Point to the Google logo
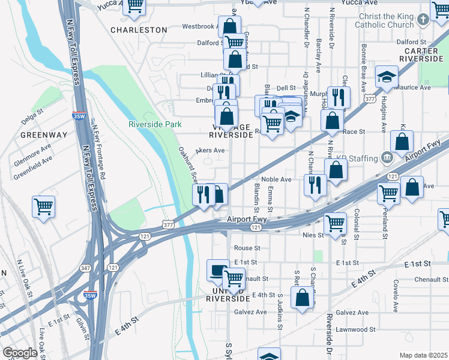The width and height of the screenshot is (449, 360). [20, 353]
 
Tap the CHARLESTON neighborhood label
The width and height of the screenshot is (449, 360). [139, 29]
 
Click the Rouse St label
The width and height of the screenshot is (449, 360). [247, 247]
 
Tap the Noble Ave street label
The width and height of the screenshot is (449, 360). [276, 179]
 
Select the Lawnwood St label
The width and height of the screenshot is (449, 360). [355, 329]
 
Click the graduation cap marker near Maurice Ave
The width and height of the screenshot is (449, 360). [387, 77]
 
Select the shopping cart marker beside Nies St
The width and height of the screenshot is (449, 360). [335, 223]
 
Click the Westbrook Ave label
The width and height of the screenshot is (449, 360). [199, 26]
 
